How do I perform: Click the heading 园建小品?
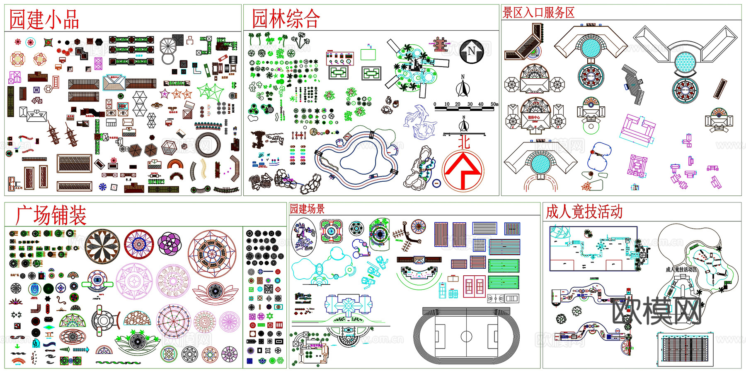pos(44,19)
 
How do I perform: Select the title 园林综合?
pos(286,19)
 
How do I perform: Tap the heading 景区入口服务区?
pos(538,13)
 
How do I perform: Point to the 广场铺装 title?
pos(51,215)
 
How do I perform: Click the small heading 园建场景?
pos(307,209)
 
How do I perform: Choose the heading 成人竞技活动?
pos(584,212)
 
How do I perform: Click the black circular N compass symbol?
pos(472,51)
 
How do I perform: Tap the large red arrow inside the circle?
pos(463,170)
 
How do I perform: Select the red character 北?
pos(464,142)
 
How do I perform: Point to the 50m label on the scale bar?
pos(494,104)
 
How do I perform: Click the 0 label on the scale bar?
pos(435,104)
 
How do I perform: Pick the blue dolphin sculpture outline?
pos(419,122)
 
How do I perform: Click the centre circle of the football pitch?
pos(466,336)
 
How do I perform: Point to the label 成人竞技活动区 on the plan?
pos(681,270)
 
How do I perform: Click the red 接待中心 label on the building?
pos(534,118)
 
